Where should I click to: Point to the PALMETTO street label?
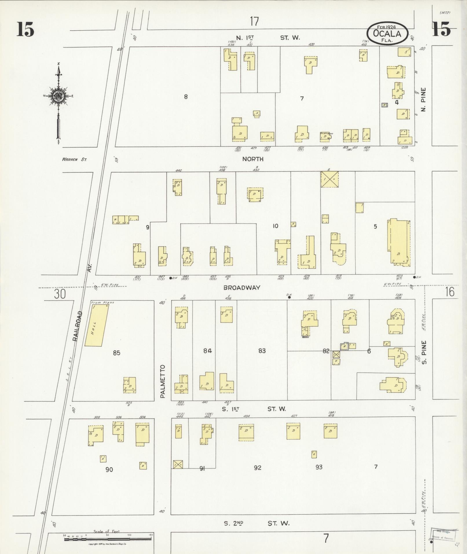163,381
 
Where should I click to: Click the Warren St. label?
74,159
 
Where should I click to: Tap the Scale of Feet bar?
107,539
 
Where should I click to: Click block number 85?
116,353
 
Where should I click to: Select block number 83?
262,351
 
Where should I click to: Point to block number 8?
186,97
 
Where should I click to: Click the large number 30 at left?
60,294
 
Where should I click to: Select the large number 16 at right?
450,292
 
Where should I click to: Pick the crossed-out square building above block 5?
329,179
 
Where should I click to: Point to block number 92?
257,468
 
